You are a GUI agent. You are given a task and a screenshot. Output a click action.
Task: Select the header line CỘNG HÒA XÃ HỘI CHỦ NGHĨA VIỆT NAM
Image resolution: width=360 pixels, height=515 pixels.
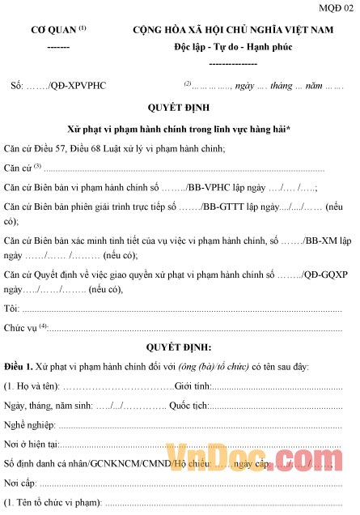pos(234,30)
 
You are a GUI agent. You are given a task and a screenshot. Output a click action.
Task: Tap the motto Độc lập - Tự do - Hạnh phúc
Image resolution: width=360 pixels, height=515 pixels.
pos(233,47)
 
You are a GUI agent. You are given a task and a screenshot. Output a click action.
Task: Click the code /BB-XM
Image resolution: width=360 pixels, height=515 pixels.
pos(307,240)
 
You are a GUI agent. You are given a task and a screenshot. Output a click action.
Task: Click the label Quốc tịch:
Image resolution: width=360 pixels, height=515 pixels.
pos(190,405)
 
